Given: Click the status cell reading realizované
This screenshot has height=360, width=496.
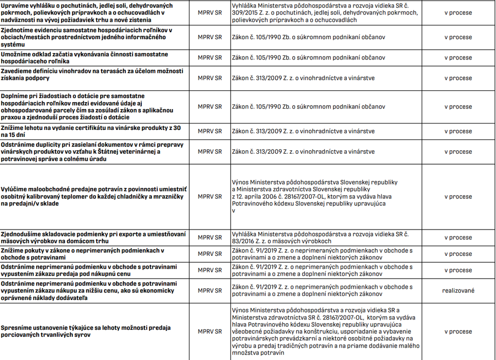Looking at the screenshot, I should pos(458,291).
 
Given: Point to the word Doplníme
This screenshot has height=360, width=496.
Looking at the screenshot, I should pos(15,95).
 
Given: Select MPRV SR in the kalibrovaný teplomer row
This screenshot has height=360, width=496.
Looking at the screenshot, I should pos(210,197).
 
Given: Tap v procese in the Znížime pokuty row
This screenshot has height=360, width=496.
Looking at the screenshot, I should pos(458,254).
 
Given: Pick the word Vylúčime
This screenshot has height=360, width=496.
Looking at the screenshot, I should pos(16,190).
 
